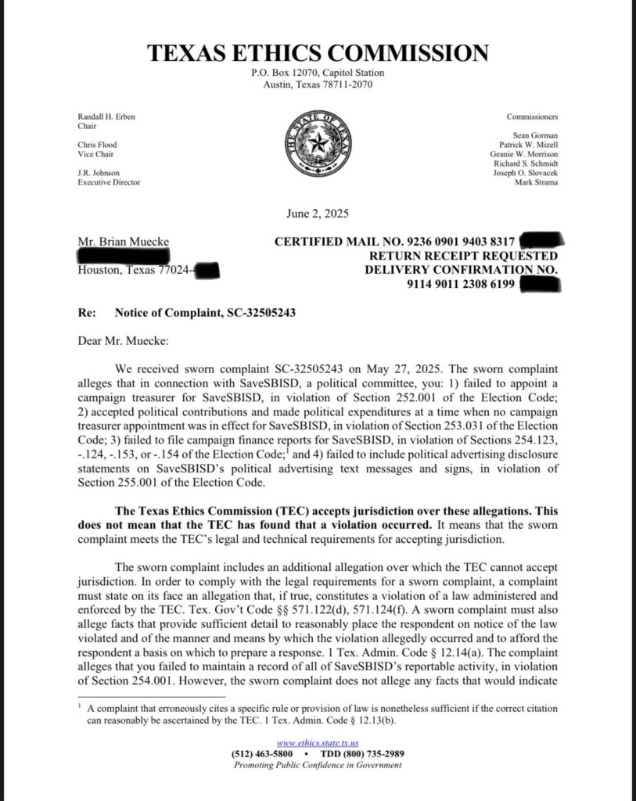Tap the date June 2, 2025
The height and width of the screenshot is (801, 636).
(317, 214)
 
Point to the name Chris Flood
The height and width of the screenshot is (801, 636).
(97, 145)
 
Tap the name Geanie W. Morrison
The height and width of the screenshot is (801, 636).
(523, 154)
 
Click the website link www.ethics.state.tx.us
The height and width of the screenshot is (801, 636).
(317, 743)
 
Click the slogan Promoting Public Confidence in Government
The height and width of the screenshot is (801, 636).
(317, 765)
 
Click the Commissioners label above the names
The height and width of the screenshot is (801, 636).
(532, 117)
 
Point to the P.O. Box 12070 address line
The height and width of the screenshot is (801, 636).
(317, 73)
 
